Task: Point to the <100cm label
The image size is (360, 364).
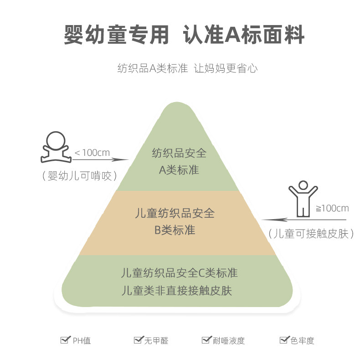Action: [92, 152]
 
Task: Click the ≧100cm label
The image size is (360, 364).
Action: [332, 208]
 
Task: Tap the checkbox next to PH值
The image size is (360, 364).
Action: [65, 340]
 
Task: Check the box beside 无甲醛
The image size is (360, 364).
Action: [138, 340]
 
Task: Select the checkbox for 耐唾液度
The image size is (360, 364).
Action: [206, 340]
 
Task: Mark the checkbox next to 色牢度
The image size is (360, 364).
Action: [283, 340]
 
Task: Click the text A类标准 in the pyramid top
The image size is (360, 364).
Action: [179, 170]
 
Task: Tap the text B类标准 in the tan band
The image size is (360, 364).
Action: [175, 231]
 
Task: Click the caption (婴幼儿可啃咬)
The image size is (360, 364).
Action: [78, 175]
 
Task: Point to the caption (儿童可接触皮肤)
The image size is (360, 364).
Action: [311, 234]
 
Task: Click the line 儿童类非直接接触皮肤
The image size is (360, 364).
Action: [177, 290]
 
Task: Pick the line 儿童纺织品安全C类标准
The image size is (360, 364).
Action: [179, 273]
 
